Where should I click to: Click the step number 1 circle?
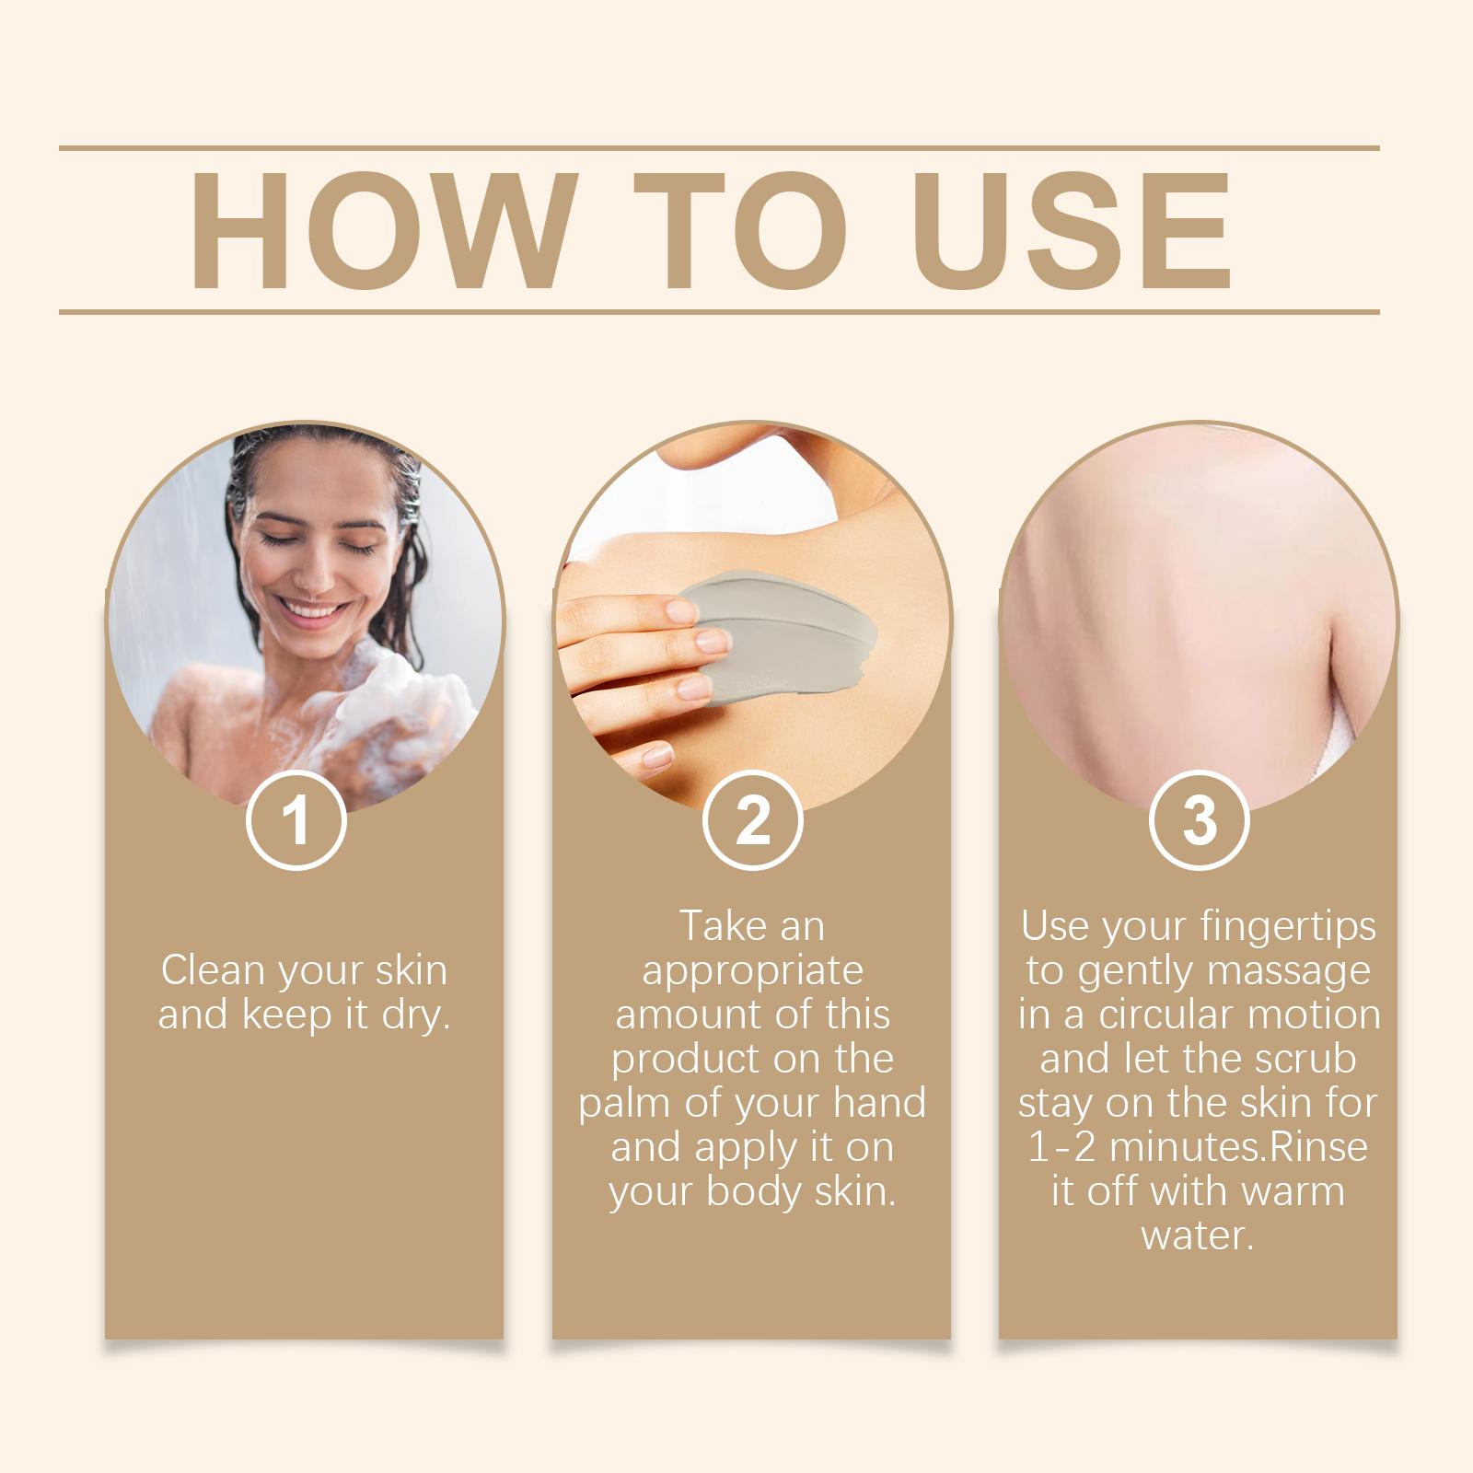296,820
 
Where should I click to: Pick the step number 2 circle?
752,820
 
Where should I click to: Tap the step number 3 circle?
1199,820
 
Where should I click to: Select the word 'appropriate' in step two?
752,970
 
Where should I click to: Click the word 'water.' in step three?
1198,1236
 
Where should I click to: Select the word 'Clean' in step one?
213,970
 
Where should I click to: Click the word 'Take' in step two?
717,926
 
